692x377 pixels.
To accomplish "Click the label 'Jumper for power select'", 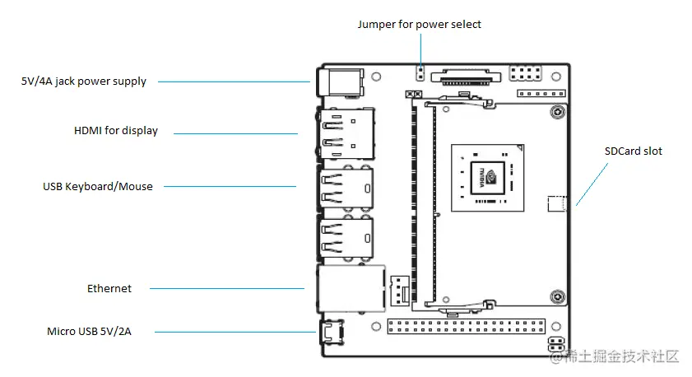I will point(419,24).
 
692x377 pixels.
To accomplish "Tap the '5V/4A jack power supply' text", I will point(84,81).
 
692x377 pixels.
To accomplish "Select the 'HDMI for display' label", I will point(115,131).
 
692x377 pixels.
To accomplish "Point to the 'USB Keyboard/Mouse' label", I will point(98,187).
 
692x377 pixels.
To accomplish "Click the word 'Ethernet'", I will point(109,288).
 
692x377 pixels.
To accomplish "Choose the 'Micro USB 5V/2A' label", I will point(89,332).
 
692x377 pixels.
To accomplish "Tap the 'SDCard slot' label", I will point(633,151).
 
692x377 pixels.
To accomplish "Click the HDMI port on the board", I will point(343,133).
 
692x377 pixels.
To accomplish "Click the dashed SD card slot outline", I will point(557,203).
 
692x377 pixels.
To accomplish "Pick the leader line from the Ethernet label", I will point(226,288).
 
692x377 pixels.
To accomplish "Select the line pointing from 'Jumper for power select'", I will point(419,51).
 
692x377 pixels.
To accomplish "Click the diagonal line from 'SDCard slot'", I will point(593,183).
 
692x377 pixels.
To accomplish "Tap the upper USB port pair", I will point(345,187).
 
